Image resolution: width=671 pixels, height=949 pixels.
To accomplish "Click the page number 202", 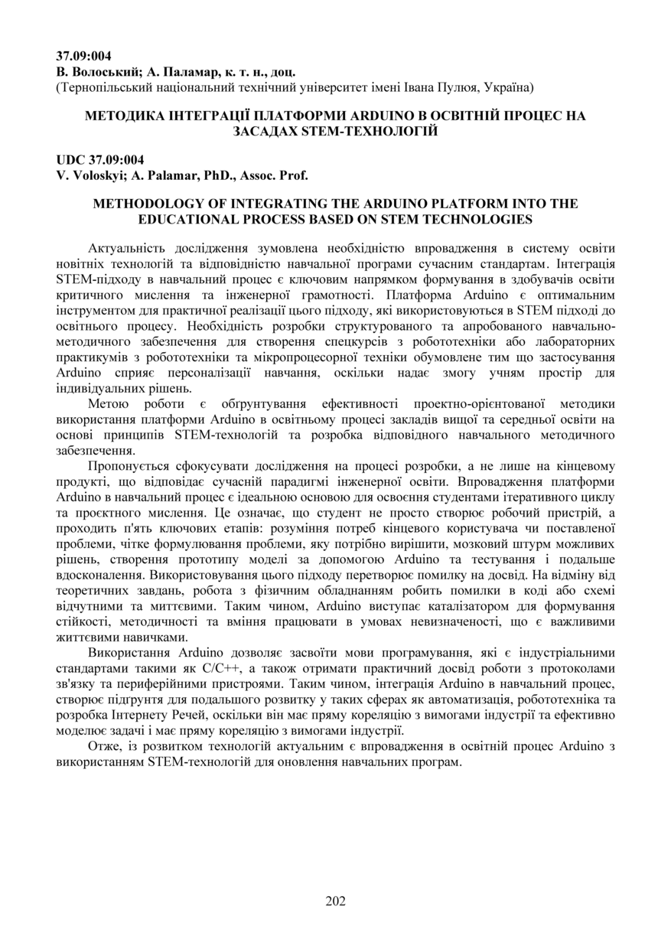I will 335,901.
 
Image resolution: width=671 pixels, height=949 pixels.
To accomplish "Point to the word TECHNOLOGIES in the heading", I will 480,219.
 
